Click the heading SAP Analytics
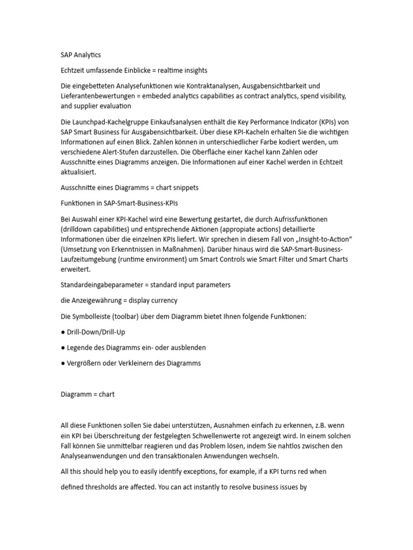[x=81, y=55]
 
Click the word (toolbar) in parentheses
[x=124, y=316]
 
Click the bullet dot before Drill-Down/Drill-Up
[x=62, y=332]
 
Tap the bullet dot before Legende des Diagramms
[x=62, y=348]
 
